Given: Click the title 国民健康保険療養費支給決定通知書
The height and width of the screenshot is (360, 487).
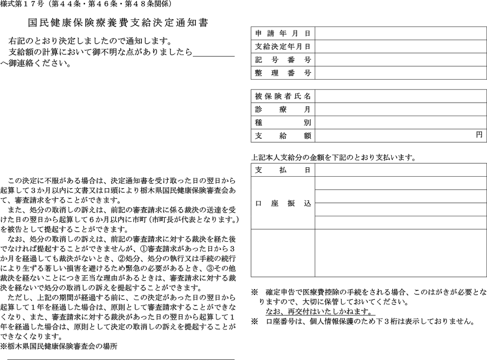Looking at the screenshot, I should click(118, 23).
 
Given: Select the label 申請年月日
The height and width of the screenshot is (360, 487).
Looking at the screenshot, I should click(283, 34).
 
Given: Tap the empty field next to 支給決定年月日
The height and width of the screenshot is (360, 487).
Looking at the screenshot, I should click(400, 47).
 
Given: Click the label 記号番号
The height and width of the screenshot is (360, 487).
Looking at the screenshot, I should click(283, 60).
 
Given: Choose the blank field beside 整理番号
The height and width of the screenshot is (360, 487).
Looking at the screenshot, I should click(400, 73).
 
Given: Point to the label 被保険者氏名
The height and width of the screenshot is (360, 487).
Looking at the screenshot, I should click(283, 96).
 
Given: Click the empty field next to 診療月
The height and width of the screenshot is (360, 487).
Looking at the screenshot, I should click(400, 109).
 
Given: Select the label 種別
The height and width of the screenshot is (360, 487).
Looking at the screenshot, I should click(283, 122).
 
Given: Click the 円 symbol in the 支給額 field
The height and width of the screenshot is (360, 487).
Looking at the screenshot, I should click(479, 135).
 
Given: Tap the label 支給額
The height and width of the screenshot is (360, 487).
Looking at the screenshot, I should click(283, 135).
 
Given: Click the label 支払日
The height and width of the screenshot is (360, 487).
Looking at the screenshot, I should click(283, 170).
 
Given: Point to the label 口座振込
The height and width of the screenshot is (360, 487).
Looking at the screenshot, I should click(283, 203).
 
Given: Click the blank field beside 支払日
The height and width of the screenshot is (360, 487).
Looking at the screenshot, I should click(400, 170).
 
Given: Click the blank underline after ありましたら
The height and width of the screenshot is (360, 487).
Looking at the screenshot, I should click(213, 52).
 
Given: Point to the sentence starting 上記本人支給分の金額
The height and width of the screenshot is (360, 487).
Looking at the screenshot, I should click(333, 157).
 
